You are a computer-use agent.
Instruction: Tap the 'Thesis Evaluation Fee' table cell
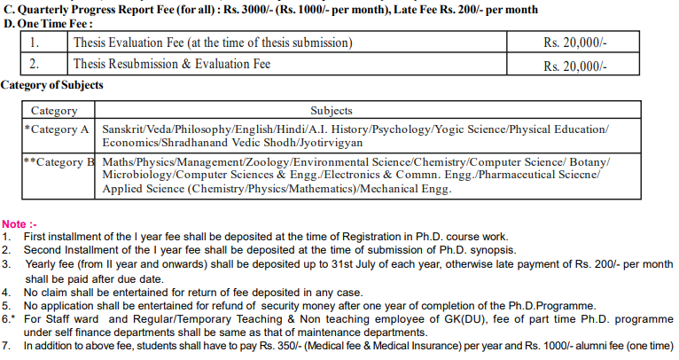(213, 43)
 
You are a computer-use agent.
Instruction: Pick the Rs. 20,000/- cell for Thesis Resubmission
(575, 66)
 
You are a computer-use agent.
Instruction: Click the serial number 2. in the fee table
(34, 65)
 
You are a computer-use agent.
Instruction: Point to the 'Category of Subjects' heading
(52, 85)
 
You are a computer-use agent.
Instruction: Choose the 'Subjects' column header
(331, 111)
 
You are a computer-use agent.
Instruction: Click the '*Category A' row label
(58, 129)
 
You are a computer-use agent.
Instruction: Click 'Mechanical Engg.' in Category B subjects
(409, 189)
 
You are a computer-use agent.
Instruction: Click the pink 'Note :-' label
(21, 224)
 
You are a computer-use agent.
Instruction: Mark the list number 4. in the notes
(7, 292)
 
